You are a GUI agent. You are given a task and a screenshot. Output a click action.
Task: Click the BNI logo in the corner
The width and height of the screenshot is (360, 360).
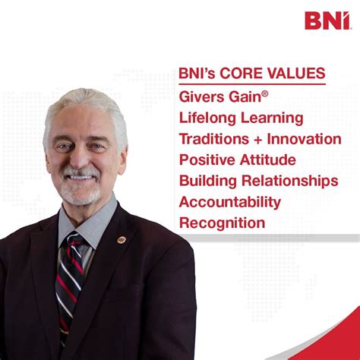coord(327,20)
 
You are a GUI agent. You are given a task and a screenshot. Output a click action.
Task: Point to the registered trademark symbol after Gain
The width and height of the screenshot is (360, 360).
coord(273,93)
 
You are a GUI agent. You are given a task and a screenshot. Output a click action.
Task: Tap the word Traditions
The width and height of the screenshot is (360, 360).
coord(213,139)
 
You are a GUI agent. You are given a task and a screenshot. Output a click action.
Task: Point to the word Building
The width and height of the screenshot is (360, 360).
coord(207,182)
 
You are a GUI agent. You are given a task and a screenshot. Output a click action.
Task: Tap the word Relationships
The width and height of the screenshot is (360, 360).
coord(291,182)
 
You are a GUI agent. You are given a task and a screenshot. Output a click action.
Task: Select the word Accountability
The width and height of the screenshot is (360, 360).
coord(230,202)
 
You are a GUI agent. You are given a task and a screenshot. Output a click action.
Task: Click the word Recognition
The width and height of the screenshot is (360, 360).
coord(223,223)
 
